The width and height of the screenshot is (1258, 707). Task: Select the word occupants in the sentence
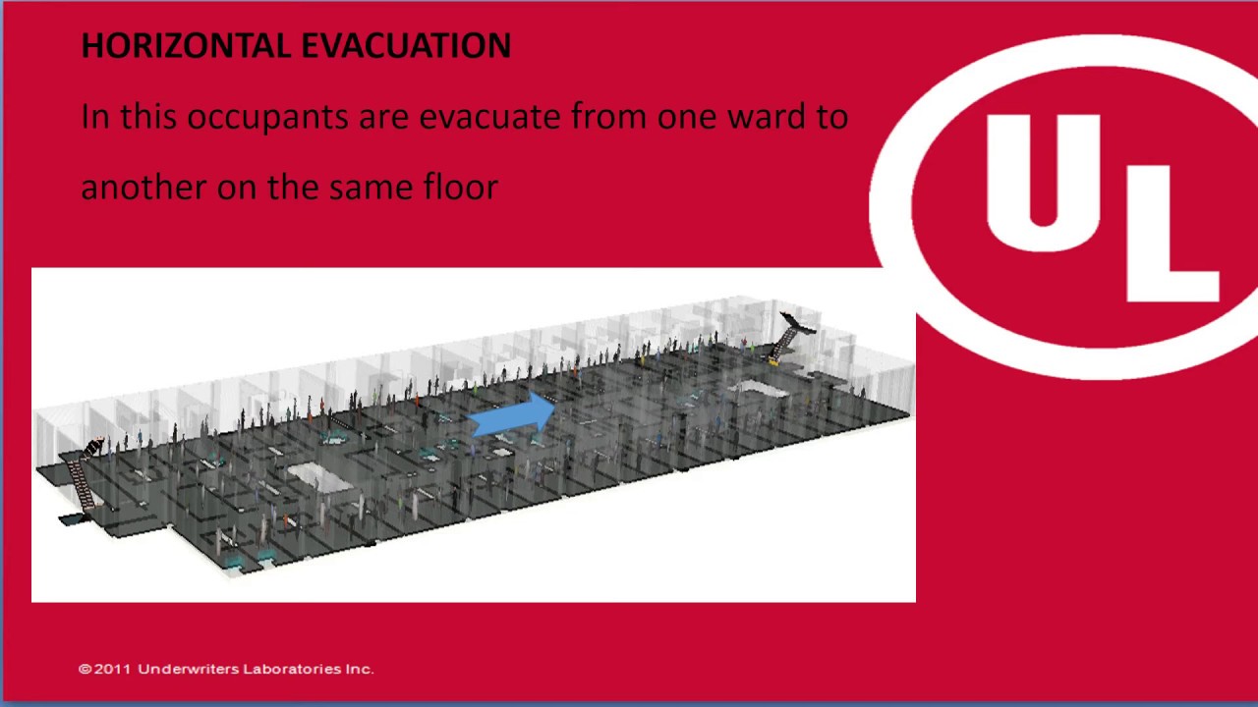pos(267,118)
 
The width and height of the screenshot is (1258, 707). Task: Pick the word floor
pos(461,187)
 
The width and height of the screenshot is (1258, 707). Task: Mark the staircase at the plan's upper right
pos(792,334)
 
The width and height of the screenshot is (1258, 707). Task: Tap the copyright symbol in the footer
pos(85,669)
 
